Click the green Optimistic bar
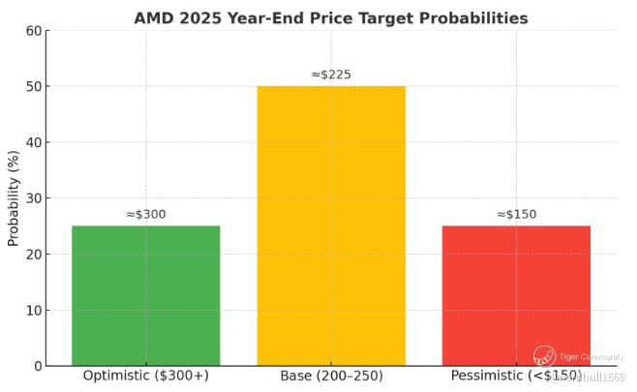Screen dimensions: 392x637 [145, 295]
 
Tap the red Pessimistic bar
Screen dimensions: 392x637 [516, 295]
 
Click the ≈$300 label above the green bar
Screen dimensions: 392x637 [145, 214]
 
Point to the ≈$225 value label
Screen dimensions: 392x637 [331, 74]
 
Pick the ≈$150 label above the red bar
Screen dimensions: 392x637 [516, 214]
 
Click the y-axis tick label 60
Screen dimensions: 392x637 [34, 31]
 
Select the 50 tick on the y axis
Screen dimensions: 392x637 [34, 87]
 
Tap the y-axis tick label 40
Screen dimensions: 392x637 [34, 143]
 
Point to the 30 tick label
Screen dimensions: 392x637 [34, 198]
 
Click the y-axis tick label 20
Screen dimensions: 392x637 [34, 255]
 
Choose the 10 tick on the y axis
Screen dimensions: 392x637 [34, 311]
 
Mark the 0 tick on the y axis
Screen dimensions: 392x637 [38, 366]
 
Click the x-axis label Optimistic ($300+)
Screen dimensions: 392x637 [145, 376]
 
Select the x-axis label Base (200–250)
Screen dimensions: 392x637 [331, 376]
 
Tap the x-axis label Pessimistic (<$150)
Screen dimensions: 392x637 [516, 376]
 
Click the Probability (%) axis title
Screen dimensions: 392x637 [14, 198]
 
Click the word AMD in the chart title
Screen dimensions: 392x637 [154, 17]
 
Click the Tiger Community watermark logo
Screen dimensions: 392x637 [544, 356]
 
